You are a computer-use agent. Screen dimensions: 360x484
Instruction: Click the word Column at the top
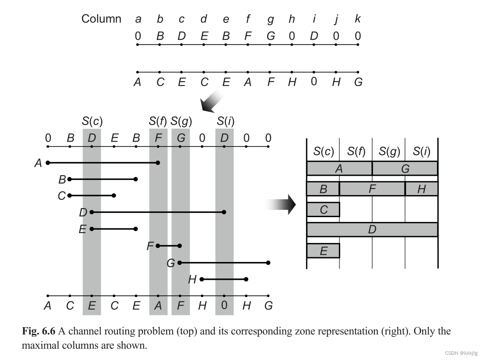tap(101, 19)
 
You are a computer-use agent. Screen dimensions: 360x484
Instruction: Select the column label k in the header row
tap(357, 19)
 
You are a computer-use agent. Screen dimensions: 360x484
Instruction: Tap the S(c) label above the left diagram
tap(92, 121)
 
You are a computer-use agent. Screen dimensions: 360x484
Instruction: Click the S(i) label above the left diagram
tap(225, 121)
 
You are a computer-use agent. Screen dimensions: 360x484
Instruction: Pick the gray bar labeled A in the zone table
tap(339, 168)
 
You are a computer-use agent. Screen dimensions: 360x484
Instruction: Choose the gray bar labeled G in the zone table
tap(405, 168)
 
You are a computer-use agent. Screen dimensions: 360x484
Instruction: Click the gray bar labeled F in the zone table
tap(372, 189)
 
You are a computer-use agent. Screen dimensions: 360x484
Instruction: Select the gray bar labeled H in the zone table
tap(421, 189)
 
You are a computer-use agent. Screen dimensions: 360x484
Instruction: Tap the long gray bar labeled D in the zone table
tap(372, 230)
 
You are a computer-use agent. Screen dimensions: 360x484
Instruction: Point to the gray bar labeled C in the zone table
tap(323, 209)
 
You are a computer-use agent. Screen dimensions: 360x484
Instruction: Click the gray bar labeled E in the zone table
tap(323, 250)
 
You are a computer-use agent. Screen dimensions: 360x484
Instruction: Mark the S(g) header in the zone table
tap(389, 151)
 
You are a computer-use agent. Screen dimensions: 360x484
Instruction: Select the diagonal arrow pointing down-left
tap(212, 102)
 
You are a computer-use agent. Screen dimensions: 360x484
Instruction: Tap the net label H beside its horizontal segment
tap(193, 280)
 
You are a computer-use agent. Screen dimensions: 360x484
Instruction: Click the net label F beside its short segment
tap(150, 246)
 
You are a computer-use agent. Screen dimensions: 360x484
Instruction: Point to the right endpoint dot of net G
tap(268, 262)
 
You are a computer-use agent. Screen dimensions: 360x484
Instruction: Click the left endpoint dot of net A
tap(48, 163)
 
